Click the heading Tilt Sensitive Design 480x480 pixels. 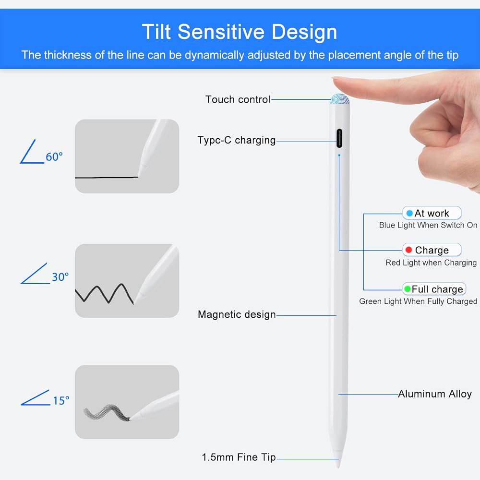coord(240,32)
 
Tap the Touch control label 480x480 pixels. coord(238,99)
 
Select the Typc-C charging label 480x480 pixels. coord(236,140)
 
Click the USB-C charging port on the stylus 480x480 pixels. coord(339,138)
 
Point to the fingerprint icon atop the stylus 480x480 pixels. coord(339,99)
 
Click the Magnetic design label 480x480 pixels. coord(237,314)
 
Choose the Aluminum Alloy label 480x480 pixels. coord(435,394)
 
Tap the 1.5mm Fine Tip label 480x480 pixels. coord(239,457)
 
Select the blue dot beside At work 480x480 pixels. coord(409,213)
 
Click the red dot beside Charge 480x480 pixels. coord(408,250)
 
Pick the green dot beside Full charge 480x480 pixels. coord(408,288)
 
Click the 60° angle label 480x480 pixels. coord(54,157)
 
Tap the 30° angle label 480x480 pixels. coord(60,277)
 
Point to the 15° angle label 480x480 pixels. coord(61,401)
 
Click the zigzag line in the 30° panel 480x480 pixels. coord(104,294)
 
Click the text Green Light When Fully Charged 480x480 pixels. coord(418,301)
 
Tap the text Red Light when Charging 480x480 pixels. coord(431,263)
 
